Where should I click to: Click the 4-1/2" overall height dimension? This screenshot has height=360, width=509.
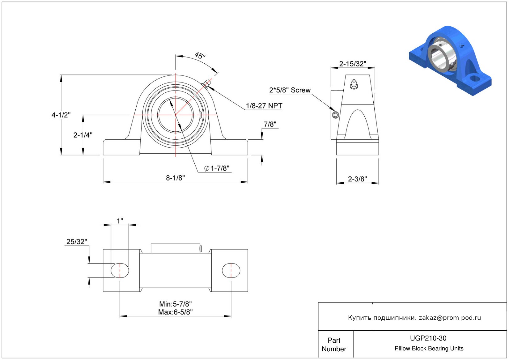coord(61,115)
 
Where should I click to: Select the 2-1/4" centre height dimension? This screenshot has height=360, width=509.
coord(83,135)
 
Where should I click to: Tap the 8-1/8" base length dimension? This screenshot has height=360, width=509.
coord(175,178)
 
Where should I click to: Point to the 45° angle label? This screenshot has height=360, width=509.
coord(200,56)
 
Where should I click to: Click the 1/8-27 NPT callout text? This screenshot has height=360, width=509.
coord(264,106)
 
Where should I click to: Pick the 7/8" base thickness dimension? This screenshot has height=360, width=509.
coord(270,124)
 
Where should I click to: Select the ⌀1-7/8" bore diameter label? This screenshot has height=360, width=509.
coord(217,168)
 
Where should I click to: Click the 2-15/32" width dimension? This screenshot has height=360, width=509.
coord(352,64)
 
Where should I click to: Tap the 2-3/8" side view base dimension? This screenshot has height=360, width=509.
coord(357,179)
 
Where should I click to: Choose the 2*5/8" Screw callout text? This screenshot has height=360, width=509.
coord(290,90)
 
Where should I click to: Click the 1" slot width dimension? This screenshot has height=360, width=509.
coord(120,221)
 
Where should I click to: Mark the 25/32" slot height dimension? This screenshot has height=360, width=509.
coord(77,242)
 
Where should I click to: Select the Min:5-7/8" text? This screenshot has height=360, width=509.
coord(175,304)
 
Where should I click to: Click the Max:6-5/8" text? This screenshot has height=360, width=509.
coord(175,312)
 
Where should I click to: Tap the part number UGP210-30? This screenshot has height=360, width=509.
coord(428,338)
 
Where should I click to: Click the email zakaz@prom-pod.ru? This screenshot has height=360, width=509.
coord(450,318)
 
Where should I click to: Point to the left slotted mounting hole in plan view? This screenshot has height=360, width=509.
coord(120,270)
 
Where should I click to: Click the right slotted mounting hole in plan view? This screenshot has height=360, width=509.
coord(231,270)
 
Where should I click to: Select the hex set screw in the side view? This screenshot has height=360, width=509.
coord(336,115)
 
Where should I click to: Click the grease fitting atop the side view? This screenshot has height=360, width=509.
coord(354,84)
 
